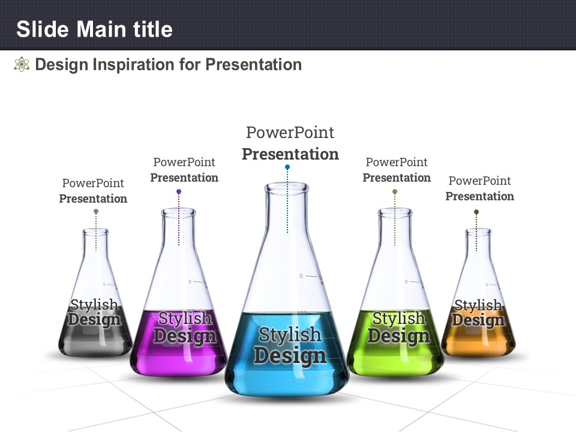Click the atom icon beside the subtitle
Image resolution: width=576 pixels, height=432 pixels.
point(22,64)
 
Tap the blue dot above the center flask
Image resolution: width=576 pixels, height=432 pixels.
point(287,167)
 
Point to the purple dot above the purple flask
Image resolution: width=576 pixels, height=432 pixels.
point(179,191)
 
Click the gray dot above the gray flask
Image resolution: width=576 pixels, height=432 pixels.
point(96,212)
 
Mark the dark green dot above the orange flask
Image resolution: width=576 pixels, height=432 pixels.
point(476,212)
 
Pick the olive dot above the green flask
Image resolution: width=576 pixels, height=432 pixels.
point(395,191)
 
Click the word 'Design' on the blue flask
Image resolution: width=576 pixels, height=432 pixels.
point(290,356)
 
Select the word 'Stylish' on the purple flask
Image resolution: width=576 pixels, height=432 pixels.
point(185,318)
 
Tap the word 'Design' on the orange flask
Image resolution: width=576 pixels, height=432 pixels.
point(478,320)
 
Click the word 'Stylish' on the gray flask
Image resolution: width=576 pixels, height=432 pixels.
point(94,305)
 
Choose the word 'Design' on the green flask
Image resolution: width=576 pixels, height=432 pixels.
point(399,336)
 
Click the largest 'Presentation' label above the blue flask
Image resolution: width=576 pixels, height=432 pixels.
point(290,154)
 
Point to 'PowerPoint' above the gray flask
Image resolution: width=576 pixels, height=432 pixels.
point(93,183)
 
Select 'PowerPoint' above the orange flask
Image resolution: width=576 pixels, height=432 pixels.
point(480,181)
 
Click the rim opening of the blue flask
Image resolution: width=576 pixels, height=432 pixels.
point(287,188)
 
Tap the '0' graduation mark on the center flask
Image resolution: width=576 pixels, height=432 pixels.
point(301,276)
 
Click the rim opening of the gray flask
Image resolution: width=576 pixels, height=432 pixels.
point(95,232)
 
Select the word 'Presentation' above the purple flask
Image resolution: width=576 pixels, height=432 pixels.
point(184,178)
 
